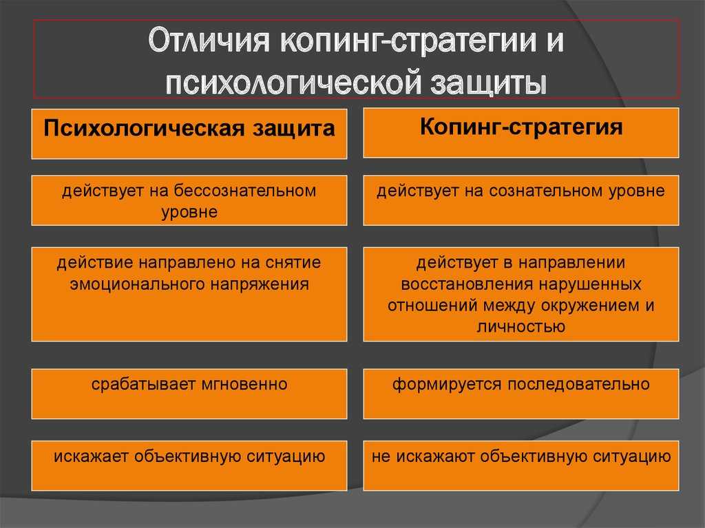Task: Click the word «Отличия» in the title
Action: point(209,41)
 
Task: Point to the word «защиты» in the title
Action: point(489,83)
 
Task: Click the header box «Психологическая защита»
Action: point(189,134)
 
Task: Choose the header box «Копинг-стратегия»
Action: point(521,133)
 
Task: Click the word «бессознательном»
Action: point(246,191)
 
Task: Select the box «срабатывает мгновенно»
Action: point(189,394)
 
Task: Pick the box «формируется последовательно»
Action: point(521,394)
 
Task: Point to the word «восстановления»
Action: point(466,284)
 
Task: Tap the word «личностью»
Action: point(521,326)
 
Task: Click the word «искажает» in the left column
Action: point(91,456)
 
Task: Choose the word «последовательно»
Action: point(578,385)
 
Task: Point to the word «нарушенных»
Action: point(590,284)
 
